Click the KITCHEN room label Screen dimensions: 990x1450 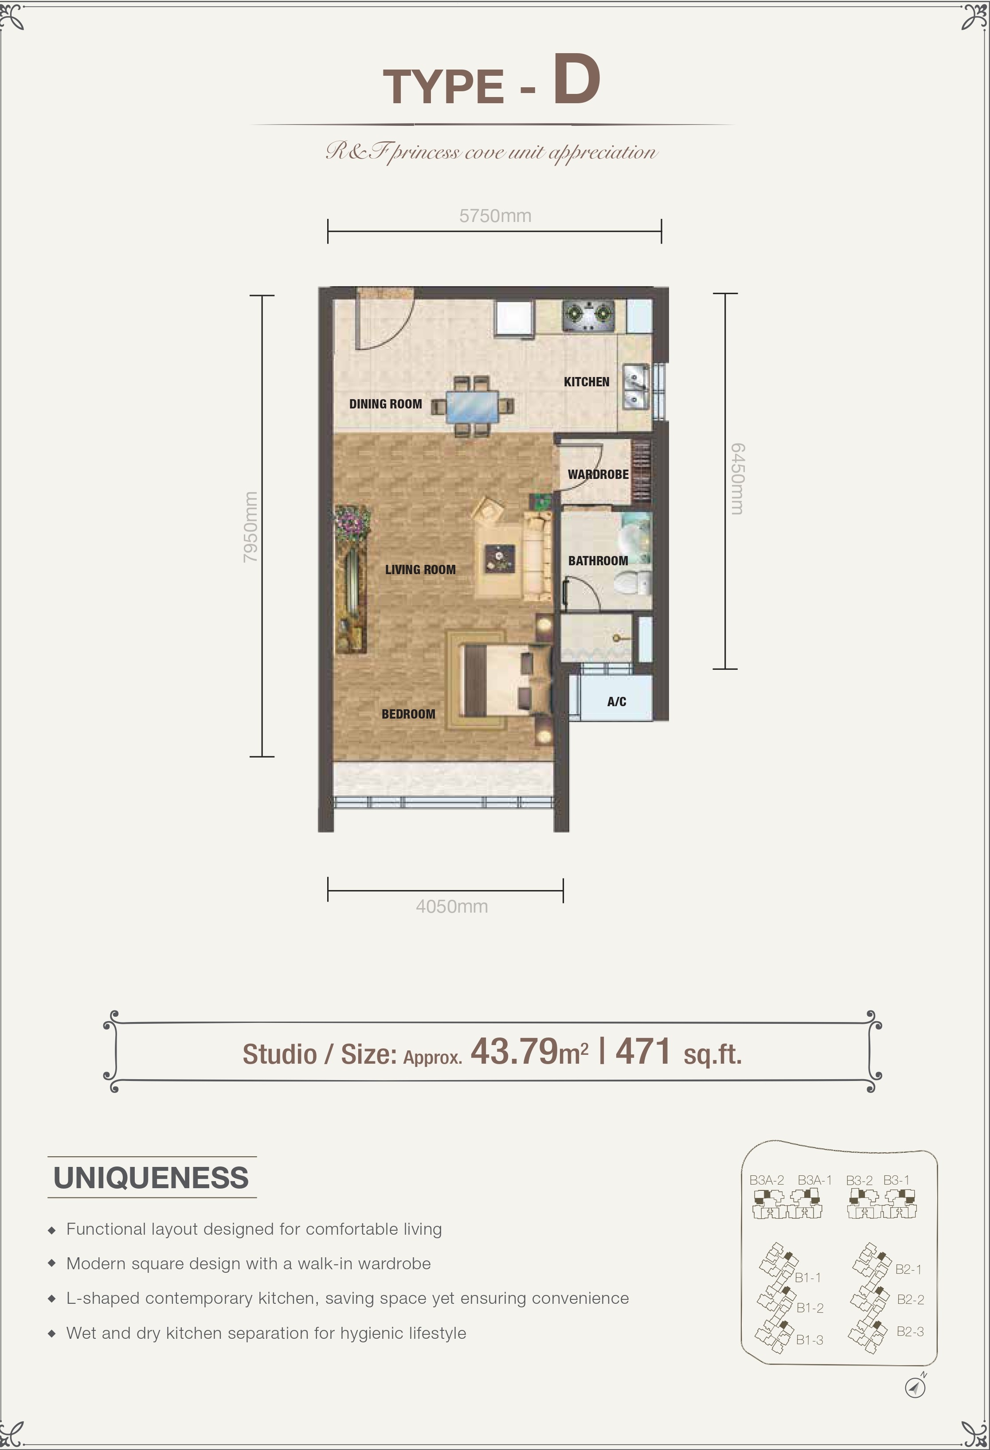click(586, 382)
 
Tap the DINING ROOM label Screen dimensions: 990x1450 click(385, 404)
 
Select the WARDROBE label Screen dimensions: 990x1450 click(598, 474)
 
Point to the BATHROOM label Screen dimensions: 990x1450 click(598, 561)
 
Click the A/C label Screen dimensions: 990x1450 click(617, 702)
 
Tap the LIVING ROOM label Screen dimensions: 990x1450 click(420, 570)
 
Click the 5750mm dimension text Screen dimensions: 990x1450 click(495, 216)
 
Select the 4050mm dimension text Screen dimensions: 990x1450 click(452, 906)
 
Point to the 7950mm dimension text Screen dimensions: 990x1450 click(250, 527)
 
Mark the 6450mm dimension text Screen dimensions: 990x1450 click(737, 479)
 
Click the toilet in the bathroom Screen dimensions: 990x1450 click(631, 585)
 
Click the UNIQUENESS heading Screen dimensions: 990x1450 click(151, 1178)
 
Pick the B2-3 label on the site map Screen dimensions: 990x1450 click(910, 1331)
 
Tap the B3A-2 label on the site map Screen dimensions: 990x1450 click(767, 1180)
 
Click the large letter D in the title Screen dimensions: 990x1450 click(576, 79)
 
